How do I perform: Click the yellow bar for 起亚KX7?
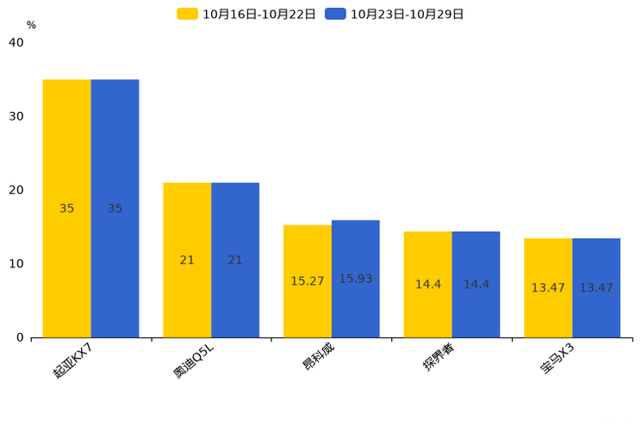tap(66, 208)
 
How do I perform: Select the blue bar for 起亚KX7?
tap(115, 208)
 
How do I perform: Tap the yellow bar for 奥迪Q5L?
tap(187, 260)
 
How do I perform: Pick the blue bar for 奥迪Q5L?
tap(235, 260)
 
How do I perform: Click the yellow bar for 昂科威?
tap(308, 282)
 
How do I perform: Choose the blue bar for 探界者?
tap(476, 285)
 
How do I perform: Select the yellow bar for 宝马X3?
tap(548, 288)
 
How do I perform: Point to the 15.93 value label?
tap(356, 279)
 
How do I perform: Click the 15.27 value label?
tap(308, 282)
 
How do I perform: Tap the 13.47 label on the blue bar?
tap(596, 288)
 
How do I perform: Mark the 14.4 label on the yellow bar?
tap(428, 284)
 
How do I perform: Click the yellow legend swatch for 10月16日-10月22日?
tap(187, 14)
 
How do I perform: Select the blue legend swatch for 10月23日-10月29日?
tap(335, 14)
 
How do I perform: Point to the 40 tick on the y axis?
tap(16, 42)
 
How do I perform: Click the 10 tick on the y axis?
tap(16, 264)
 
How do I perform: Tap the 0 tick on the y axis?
tap(20, 338)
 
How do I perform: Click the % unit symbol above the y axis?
tap(32, 25)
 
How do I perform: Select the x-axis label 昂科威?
tap(318, 356)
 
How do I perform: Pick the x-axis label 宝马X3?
tap(557, 358)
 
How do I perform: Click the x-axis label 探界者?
tap(439, 356)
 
